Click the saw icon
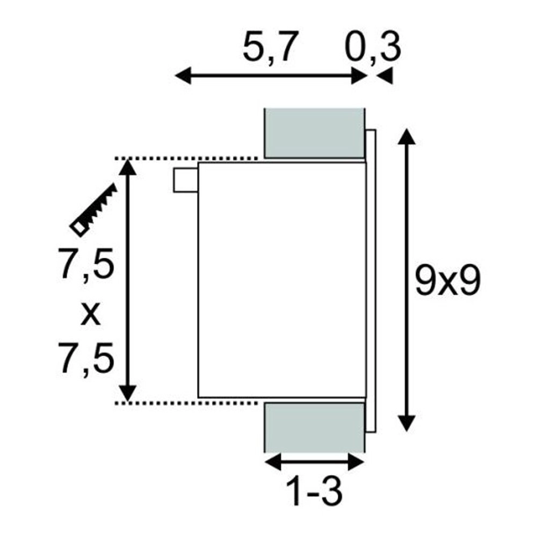tap(93, 210)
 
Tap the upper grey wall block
tap(314, 133)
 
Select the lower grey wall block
tap(314, 427)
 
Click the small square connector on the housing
tap(185, 179)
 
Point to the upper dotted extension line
tap(188, 158)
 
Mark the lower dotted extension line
tap(188, 402)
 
